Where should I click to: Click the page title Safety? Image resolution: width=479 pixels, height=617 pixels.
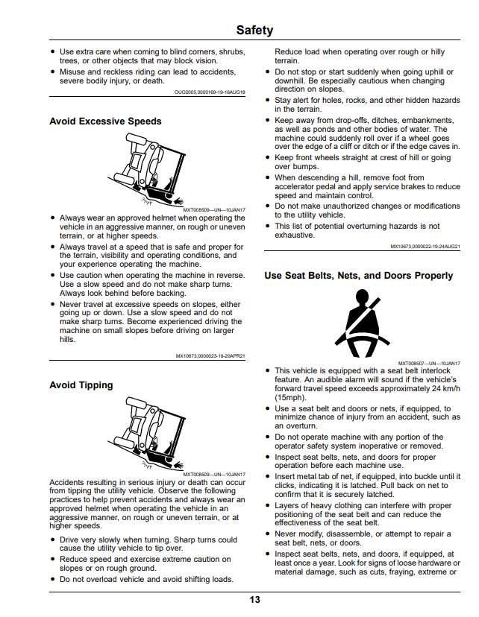[254, 30]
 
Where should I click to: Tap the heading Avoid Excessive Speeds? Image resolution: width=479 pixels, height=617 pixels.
[105, 121]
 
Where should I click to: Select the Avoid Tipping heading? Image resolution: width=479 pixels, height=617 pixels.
[81, 385]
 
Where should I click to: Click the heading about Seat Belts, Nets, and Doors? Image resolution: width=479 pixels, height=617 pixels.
[358, 276]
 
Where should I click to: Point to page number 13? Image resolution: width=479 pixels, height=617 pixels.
[254, 599]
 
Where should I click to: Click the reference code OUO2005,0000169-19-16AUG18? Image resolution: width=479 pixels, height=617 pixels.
[210, 92]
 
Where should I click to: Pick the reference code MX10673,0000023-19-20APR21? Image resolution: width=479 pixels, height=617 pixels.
[210, 356]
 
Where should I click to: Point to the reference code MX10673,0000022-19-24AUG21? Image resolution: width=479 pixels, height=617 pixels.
[425, 247]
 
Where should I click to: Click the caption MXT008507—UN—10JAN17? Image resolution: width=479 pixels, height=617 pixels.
[429, 364]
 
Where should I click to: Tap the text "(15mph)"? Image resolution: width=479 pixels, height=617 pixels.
[290, 397]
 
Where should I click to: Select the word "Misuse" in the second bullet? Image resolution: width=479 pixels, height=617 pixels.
[72, 72]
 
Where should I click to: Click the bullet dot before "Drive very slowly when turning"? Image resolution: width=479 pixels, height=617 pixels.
[53, 540]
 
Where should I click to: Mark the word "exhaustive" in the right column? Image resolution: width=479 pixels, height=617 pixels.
[294, 235]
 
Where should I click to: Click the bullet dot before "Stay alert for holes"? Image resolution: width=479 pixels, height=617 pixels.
[268, 101]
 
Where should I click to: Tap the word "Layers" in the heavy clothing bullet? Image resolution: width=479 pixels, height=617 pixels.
[287, 506]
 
